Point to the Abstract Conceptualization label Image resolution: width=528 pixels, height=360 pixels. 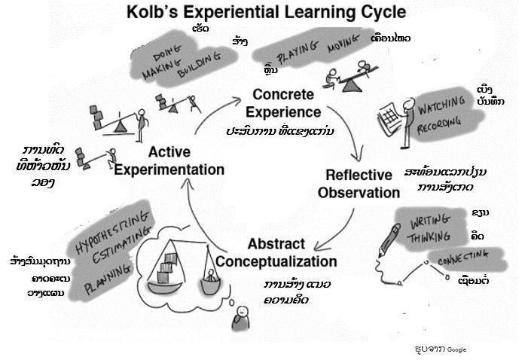point(275,253)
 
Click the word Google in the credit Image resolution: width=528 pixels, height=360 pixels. point(457,349)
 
